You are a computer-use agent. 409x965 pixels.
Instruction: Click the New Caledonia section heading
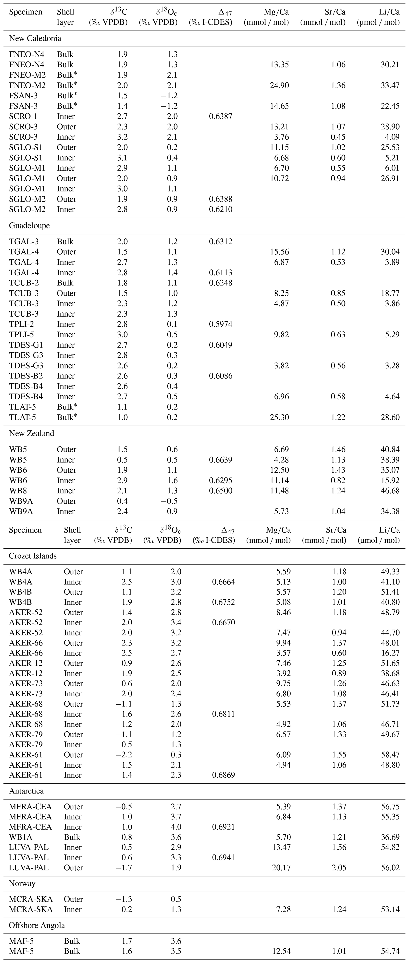(x=35, y=38)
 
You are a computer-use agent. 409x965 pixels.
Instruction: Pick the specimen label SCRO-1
(x=23, y=116)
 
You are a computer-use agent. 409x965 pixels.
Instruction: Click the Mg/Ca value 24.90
(x=279, y=85)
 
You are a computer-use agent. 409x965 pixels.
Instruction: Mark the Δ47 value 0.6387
(x=221, y=116)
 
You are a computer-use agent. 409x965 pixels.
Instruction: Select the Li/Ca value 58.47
(x=390, y=755)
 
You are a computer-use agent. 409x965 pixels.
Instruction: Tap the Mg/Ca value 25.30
(x=279, y=417)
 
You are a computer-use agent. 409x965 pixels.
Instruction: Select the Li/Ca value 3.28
(x=392, y=366)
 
